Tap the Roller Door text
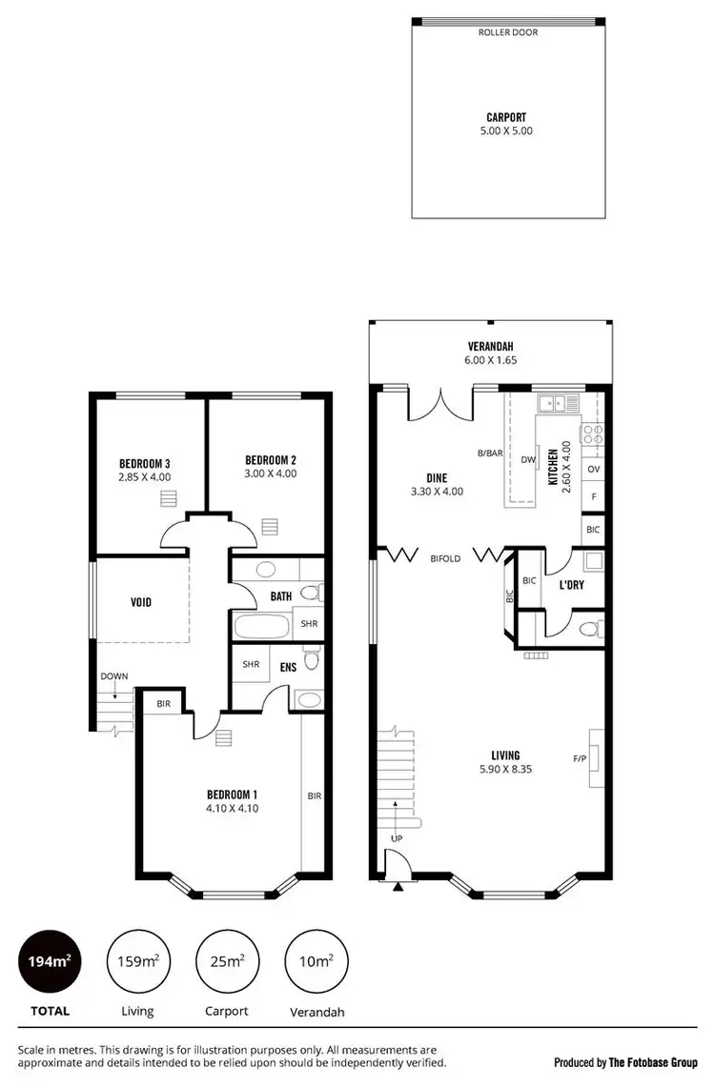coord(508,32)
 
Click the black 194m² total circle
coord(47,961)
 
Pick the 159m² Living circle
coord(136,961)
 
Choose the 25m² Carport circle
coord(227,961)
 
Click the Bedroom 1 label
coord(233,795)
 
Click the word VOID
coord(141,602)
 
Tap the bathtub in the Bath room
coord(261,626)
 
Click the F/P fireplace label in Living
coord(579,759)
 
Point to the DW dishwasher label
coord(527,459)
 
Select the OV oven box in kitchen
coord(593,470)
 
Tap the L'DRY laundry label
coord(571,585)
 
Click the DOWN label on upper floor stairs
coord(113,676)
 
